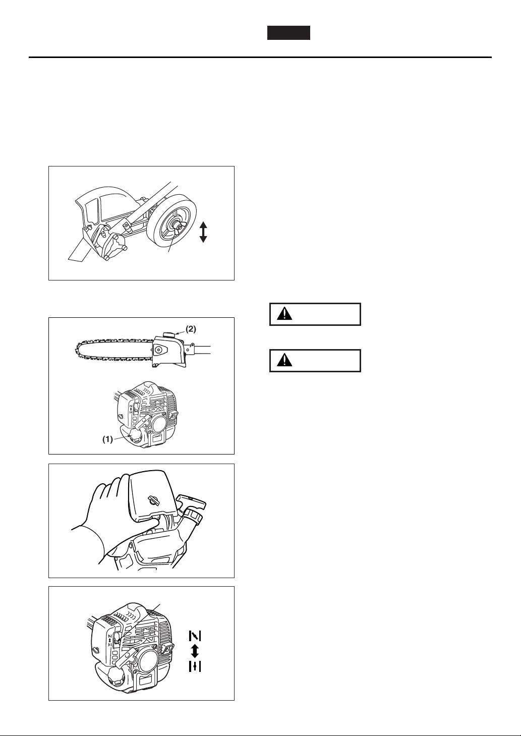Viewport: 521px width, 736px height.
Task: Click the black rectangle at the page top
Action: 288,33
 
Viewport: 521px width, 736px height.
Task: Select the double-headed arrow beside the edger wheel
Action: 203,232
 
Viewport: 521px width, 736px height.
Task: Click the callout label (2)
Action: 191,329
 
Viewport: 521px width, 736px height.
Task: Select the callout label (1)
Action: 107,439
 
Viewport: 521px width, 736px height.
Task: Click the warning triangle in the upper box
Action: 284,314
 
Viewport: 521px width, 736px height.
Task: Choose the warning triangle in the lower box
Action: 284,361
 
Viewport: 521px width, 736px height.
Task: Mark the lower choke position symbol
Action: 195,666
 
